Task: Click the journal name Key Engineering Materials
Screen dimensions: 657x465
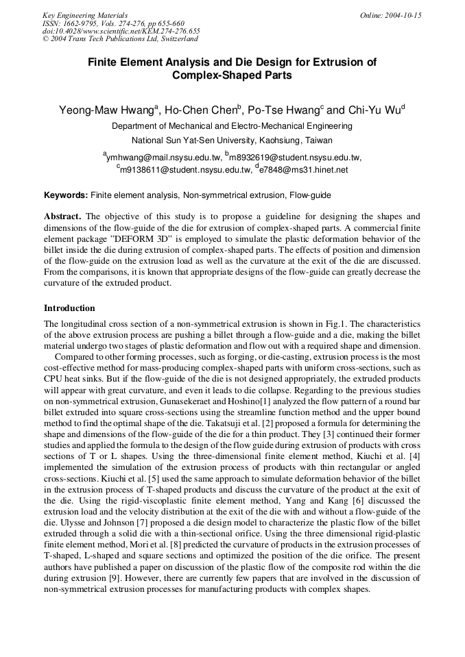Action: click(x=85, y=15)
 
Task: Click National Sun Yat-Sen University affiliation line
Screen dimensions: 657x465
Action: click(x=232, y=140)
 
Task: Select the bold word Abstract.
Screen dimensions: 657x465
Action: click(x=62, y=216)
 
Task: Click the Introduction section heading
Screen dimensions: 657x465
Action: click(x=69, y=308)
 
